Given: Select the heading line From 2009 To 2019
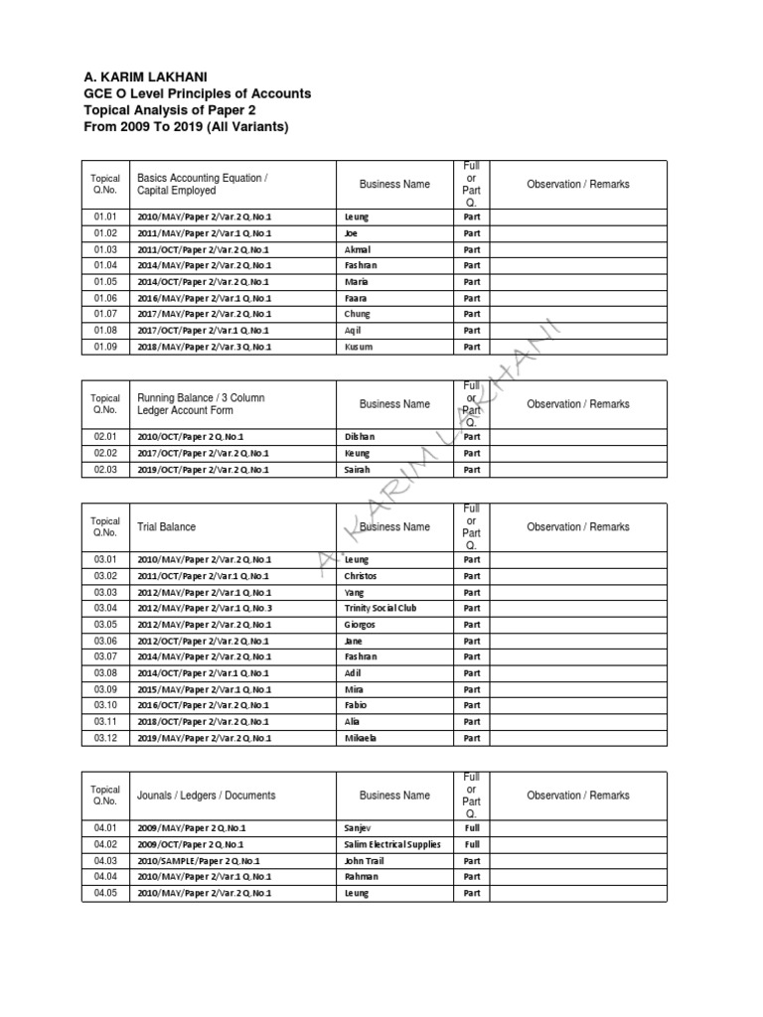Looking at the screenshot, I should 187,127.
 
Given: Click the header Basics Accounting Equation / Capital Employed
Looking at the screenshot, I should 203,184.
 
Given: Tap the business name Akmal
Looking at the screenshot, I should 357,249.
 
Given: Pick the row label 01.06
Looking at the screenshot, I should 105,298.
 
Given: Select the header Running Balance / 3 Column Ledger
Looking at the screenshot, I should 201,404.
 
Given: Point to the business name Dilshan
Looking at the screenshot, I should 360,436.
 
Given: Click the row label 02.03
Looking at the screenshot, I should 105,469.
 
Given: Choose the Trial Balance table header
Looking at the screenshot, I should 167,527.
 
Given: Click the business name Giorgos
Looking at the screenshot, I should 361,624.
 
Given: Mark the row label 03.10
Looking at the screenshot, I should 105,705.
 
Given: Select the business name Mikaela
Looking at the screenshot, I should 363,738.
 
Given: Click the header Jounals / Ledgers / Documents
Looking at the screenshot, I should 207,796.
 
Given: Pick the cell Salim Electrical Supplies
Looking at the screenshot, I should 392,844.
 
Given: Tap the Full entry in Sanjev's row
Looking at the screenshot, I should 471,827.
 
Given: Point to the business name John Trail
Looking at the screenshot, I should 365,860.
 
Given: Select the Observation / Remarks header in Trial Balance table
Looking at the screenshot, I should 577,527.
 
